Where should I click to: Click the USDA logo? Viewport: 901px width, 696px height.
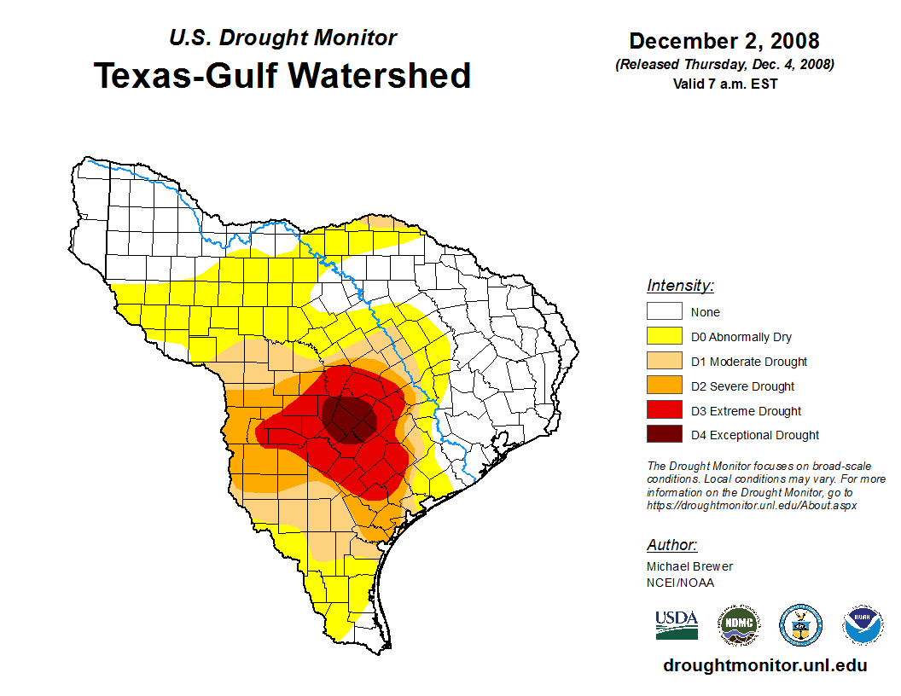pyautogui.click(x=677, y=625)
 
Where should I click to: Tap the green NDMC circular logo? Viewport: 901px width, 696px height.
pyautogui.click(x=738, y=626)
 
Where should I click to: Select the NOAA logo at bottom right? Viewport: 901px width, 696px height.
pyautogui.click(x=863, y=626)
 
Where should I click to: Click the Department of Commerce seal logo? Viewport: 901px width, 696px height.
pyautogui.click(x=801, y=626)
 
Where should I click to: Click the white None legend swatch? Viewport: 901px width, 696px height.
pyautogui.click(x=664, y=312)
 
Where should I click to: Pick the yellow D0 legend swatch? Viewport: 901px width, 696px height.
pyautogui.click(x=664, y=337)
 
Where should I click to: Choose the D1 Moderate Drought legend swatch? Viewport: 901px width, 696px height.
pyautogui.click(x=664, y=362)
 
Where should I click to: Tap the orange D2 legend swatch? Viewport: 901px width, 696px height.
pyautogui.click(x=664, y=386)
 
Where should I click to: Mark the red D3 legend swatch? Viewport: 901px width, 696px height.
pyautogui.click(x=664, y=411)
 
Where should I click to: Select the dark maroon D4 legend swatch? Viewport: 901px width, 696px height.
pyautogui.click(x=664, y=435)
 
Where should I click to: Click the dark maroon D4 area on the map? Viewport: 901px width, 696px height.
pyautogui.click(x=352, y=419)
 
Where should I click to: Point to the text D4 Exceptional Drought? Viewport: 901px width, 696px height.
pyautogui.click(x=755, y=435)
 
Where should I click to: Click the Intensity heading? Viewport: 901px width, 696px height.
pyautogui.click(x=680, y=286)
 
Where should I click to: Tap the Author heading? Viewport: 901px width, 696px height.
pyautogui.click(x=671, y=545)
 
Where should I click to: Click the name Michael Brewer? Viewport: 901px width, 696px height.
pyautogui.click(x=689, y=566)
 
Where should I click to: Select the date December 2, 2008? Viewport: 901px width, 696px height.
pyautogui.click(x=724, y=41)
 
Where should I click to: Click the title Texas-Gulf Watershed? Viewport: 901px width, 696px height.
pyautogui.click(x=282, y=75)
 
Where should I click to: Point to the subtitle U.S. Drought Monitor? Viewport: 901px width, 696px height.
pyautogui.click(x=282, y=38)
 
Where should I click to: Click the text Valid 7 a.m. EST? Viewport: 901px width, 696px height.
pyautogui.click(x=724, y=84)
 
